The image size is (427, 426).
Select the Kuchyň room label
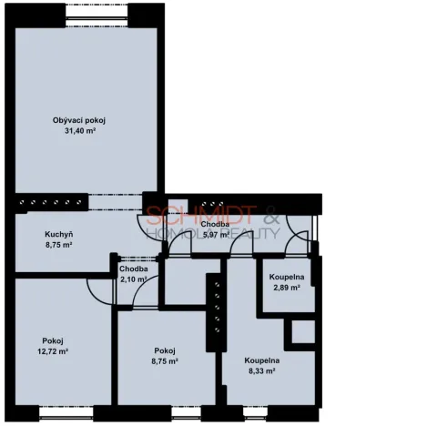pyautogui.click(x=59, y=235)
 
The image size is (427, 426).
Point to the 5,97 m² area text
pyautogui.click(x=215, y=234)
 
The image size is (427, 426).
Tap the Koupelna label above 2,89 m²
pyautogui.click(x=286, y=277)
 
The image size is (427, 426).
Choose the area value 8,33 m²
pyautogui.click(x=260, y=371)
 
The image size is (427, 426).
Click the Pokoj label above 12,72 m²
pyautogui.click(x=53, y=341)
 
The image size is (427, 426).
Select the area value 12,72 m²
pyautogui.click(x=53, y=352)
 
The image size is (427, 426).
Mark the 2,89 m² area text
pyautogui.click(x=286, y=288)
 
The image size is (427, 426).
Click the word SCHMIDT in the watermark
pyautogui.click(x=188, y=217)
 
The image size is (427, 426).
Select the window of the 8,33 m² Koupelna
pyautogui.click(x=259, y=418)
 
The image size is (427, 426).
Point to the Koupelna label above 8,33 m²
pyautogui.click(x=260, y=361)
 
